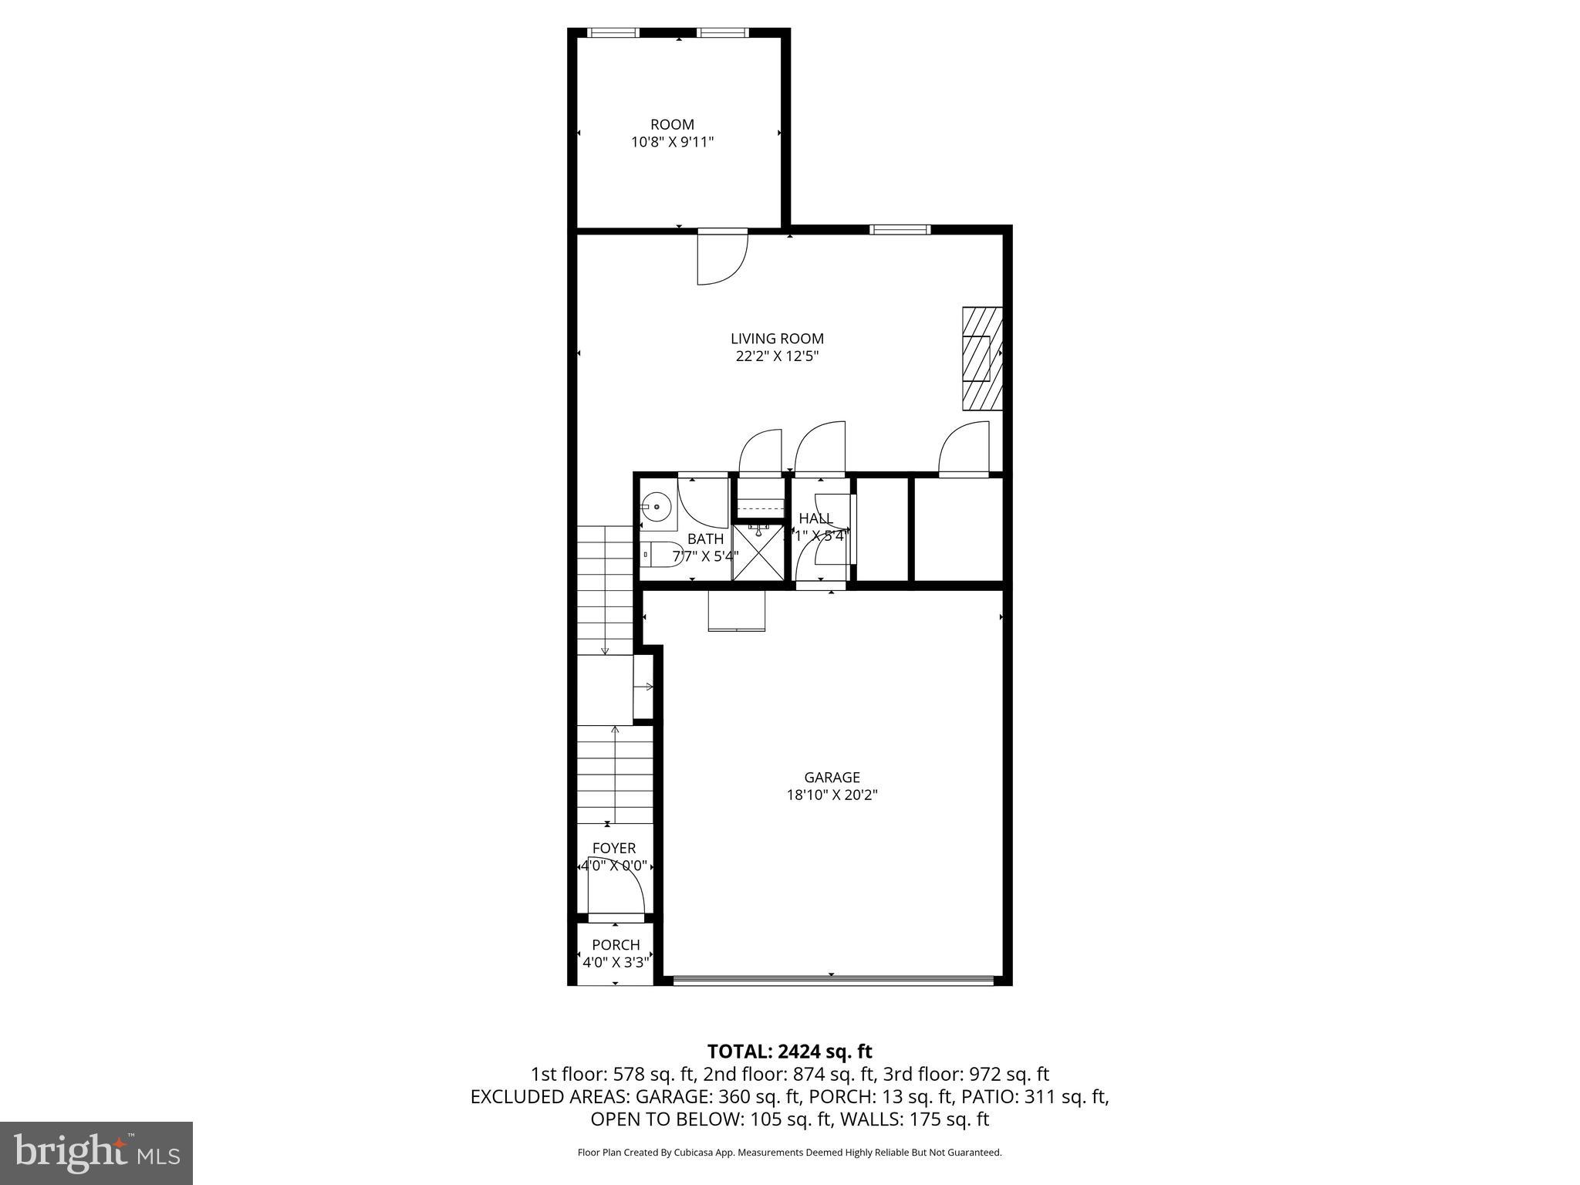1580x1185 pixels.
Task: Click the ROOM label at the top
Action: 672,124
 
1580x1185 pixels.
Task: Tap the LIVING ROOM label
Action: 777,339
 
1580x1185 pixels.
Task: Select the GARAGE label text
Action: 831,778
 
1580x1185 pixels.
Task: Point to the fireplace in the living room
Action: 981,358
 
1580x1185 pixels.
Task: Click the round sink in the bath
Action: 657,507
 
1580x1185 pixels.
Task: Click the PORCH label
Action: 616,945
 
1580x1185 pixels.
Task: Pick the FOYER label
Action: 614,849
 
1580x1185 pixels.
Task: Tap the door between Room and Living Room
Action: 721,257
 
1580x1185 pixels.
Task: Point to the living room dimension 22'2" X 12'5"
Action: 777,356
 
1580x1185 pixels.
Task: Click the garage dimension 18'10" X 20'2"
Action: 831,795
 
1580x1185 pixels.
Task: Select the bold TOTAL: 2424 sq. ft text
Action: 789,1052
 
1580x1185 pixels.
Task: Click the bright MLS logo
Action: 96,1152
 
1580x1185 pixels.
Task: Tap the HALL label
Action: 815,518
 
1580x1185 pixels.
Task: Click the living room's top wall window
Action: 900,229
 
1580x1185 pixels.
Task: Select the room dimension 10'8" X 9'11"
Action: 672,142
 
